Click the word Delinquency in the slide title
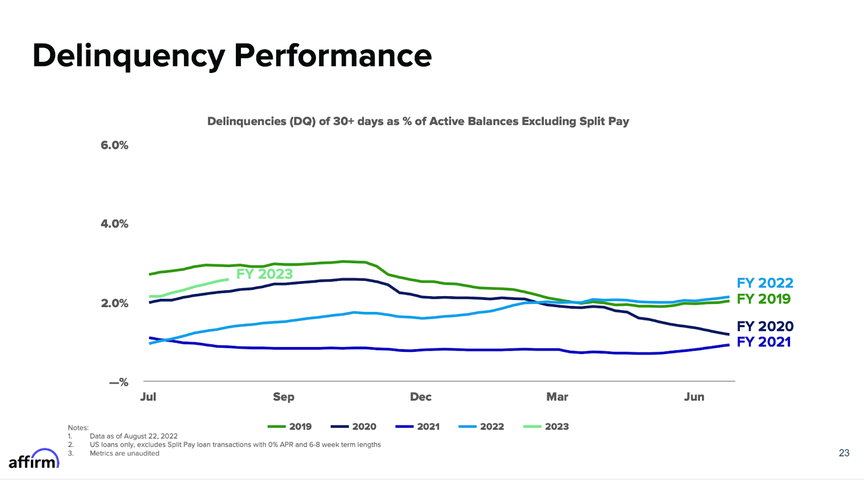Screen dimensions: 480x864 pyautogui.click(x=129, y=56)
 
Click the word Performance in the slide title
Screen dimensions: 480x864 pyautogui.click(x=333, y=56)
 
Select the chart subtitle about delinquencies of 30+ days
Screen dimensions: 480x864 pyautogui.click(x=418, y=121)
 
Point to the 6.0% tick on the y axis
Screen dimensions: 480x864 pyautogui.click(x=114, y=145)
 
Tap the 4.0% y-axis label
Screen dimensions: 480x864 pyautogui.click(x=114, y=224)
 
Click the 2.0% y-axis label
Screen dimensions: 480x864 pyautogui.click(x=114, y=303)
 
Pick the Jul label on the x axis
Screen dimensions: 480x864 pyautogui.click(x=148, y=397)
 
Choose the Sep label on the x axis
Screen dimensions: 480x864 pyautogui.click(x=283, y=397)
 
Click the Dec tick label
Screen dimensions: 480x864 pyautogui.click(x=421, y=397)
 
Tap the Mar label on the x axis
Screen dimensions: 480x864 pyautogui.click(x=557, y=397)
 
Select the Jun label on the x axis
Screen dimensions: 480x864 pyautogui.click(x=694, y=397)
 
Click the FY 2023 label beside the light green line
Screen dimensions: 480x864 pyautogui.click(x=265, y=274)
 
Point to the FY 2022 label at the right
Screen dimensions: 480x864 pyautogui.click(x=765, y=283)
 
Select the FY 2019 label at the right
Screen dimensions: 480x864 pyautogui.click(x=764, y=299)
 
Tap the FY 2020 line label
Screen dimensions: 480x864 pyautogui.click(x=765, y=326)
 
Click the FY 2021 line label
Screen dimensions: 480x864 pyautogui.click(x=764, y=342)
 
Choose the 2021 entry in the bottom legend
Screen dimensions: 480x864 pyautogui.click(x=418, y=426)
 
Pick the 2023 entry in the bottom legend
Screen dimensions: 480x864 pyautogui.click(x=546, y=426)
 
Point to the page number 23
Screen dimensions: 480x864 pyautogui.click(x=844, y=453)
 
